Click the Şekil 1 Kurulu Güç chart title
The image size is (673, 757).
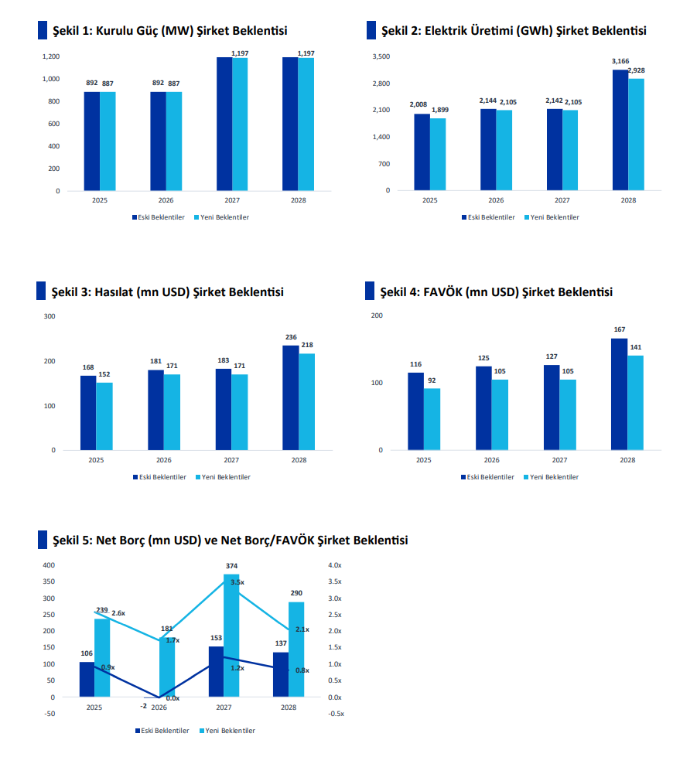(x=169, y=30)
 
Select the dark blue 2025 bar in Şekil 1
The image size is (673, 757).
(x=92, y=141)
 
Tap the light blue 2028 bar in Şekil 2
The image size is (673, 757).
(x=636, y=135)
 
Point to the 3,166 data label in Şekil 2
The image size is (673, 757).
(x=620, y=61)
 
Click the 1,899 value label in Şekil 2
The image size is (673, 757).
(x=439, y=110)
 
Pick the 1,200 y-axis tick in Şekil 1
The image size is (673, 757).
(x=51, y=56)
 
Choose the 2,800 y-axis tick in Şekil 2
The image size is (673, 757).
(x=381, y=84)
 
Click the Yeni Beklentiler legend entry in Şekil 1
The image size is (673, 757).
(x=224, y=217)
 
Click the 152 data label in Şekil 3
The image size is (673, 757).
(x=104, y=374)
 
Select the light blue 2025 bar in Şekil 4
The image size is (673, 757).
(x=432, y=418)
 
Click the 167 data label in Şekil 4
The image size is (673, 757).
(x=620, y=329)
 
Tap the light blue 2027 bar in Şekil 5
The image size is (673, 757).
(x=231, y=635)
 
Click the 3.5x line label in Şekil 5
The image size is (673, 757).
(x=237, y=582)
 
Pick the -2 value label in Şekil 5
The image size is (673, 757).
(x=144, y=707)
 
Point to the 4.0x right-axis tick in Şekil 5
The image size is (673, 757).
(x=334, y=566)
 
